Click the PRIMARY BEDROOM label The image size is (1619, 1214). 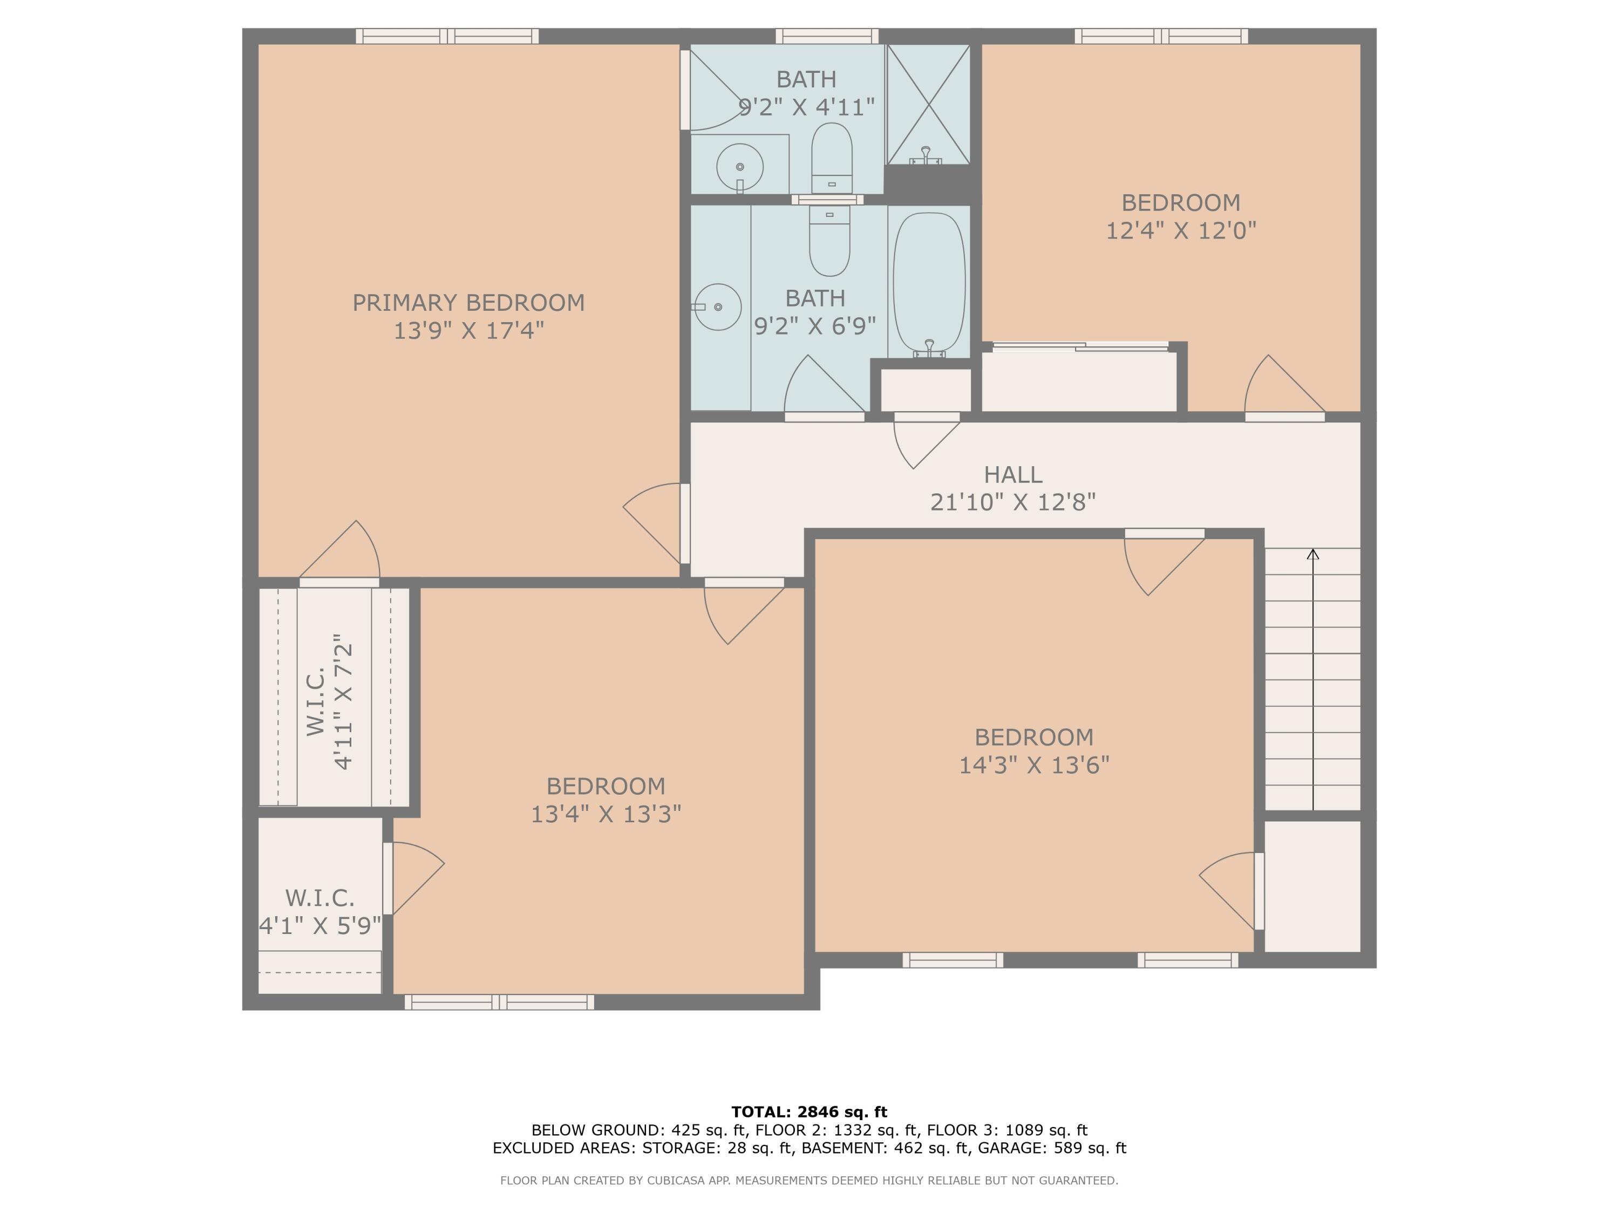coord(468,302)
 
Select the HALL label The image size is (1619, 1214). coord(1012,474)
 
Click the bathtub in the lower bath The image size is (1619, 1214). coord(929,282)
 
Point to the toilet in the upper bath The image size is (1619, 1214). coord(832,158)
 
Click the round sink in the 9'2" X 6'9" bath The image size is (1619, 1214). coord(718,306)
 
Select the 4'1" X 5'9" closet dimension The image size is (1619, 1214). coord(320,926)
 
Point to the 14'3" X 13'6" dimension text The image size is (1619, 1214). coord(1033,765)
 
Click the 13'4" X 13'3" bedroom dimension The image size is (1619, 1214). coord(606,814)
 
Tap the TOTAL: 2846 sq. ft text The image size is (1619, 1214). coord(809,1112)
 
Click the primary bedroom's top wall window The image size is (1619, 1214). coord(447,36)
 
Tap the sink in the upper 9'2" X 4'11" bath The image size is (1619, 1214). coord(739,167)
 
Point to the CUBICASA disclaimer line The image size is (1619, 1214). coord(809,1179)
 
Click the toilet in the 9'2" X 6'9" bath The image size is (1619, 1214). coord(829,242)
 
